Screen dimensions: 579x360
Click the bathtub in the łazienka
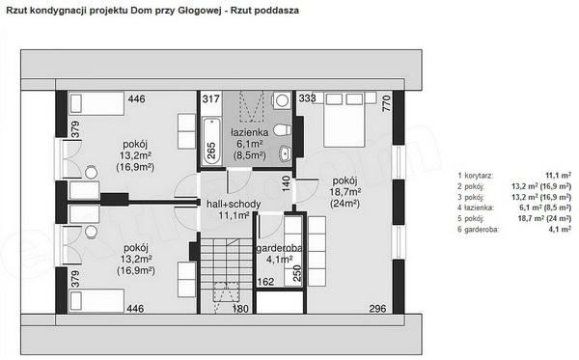211,141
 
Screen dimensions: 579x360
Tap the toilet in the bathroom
282,130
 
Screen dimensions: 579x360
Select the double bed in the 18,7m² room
345,120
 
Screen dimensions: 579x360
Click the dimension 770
387,104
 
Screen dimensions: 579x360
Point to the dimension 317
210,99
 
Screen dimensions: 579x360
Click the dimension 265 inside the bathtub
211,151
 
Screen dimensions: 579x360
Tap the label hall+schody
234,204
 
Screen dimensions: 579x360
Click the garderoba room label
279,248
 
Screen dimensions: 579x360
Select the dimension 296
377,308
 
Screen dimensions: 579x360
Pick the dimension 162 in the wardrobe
265,282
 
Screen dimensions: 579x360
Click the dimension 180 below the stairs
240,308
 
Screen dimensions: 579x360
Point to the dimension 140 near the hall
287,183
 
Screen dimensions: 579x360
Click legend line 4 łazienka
514,208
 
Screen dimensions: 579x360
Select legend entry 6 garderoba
514,230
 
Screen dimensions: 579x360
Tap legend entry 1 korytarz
514,176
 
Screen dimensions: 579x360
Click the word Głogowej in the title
200,11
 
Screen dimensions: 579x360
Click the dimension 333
307,98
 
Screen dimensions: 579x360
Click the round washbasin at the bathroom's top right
283,100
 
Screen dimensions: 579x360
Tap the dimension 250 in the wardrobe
297,273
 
